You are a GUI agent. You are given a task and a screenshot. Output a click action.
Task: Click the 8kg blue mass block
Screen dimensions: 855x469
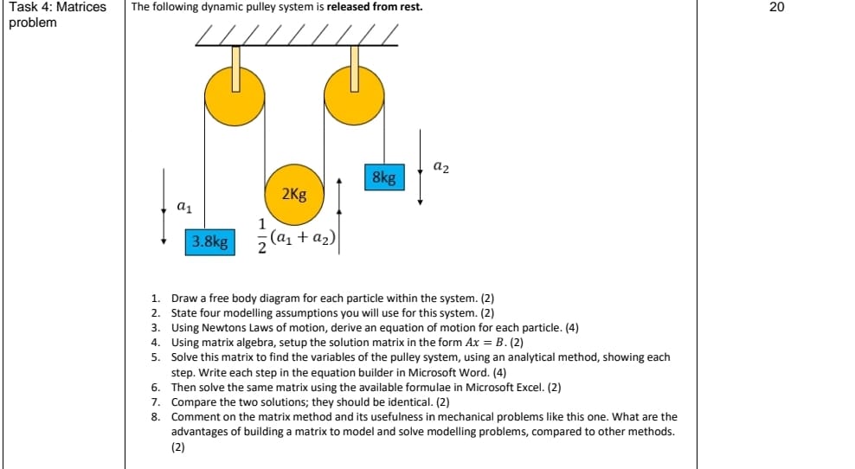coord(383,177)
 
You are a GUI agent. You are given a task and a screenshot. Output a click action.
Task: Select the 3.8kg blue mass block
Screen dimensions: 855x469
coord(210,241)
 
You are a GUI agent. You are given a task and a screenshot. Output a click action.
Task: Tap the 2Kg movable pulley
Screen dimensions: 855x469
coord(293,193)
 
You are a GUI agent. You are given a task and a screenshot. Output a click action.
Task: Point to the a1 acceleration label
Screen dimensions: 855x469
coord(183,206)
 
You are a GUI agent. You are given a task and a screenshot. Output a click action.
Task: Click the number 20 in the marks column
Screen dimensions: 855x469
coord(775,7)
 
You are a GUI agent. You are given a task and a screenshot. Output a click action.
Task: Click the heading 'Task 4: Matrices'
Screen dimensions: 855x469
coord(57,7)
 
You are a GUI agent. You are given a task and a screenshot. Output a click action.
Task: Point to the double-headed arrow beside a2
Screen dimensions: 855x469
coord(421,167)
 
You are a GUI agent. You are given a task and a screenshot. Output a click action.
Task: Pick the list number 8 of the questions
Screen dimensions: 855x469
coord(155,416)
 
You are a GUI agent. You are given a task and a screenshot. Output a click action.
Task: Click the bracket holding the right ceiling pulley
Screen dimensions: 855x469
coord(354,67)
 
